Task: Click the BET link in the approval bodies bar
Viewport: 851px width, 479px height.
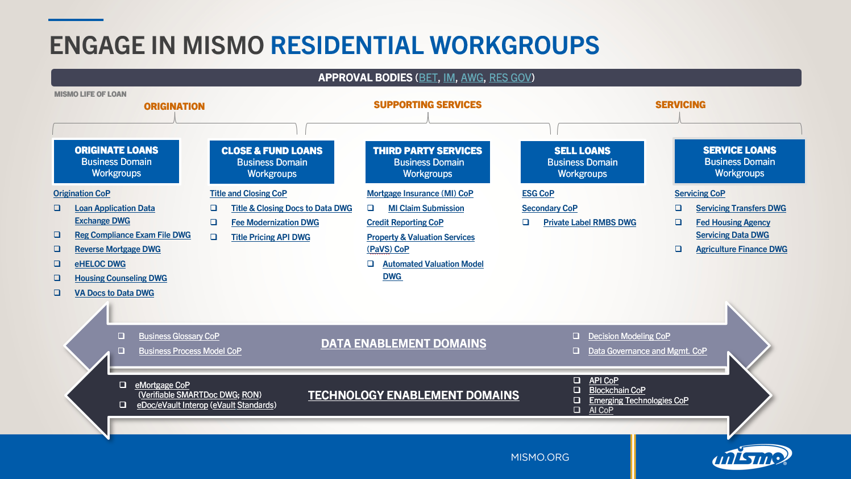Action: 428,78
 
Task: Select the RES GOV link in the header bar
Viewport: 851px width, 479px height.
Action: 510,78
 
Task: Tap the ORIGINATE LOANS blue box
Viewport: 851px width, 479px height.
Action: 117,162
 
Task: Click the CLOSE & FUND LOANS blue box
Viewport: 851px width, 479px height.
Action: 272,162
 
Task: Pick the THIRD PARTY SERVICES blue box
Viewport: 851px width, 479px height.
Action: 427,162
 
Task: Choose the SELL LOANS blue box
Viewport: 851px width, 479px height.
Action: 582,162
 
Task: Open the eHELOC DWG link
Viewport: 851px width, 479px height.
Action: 100,264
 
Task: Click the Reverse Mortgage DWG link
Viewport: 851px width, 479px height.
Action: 118,249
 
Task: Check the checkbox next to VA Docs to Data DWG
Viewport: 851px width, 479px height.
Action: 57,293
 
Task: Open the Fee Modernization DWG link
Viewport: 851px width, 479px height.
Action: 275,222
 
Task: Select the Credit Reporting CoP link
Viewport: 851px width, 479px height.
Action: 405,222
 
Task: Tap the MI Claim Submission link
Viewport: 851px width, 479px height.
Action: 426,208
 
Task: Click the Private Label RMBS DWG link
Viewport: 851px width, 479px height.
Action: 590,222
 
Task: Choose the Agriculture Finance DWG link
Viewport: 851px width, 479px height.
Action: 741,249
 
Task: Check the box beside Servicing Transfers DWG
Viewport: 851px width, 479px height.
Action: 678,208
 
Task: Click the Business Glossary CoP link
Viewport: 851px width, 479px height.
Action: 179,336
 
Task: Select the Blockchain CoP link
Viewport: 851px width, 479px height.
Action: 617,390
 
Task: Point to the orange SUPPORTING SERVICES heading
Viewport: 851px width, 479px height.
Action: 427,105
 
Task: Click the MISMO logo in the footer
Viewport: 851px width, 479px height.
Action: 752,457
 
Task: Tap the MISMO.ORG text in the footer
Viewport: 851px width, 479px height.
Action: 539,457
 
